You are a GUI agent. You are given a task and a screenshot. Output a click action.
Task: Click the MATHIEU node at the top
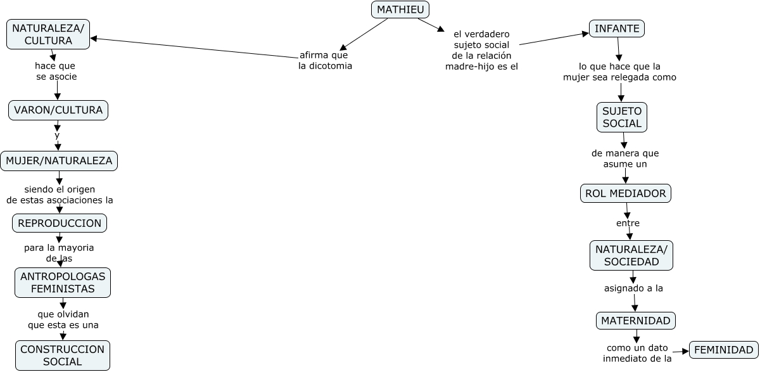(400, 10)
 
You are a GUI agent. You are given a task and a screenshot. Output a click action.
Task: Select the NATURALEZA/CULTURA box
(48, 34)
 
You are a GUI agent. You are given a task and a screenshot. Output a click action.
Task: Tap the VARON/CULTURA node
(58, 110)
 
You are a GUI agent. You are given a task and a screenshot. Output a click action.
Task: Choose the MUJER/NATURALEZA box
(59, 161)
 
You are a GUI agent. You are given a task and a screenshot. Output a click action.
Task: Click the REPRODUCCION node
(60, 223)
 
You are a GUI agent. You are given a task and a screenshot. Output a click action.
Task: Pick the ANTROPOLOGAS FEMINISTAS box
(63, 283)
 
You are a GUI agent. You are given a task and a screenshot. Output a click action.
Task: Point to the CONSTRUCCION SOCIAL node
(63, 356)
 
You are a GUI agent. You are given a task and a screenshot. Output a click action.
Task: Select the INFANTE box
(617, 29)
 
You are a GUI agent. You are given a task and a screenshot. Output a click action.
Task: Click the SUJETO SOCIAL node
(622, 117)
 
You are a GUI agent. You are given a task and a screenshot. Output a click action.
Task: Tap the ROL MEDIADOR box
(626, 193)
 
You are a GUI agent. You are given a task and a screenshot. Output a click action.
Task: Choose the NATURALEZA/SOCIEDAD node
(631, 255)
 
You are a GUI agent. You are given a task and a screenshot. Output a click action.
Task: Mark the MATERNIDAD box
(636, 321)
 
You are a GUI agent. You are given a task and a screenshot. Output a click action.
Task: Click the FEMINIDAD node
(723, 350)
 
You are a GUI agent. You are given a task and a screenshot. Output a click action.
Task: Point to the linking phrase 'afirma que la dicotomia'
(325, 60)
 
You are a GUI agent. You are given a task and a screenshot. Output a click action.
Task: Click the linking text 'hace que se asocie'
(56, 71)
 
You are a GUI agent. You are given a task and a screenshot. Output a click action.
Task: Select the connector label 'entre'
(628, 223)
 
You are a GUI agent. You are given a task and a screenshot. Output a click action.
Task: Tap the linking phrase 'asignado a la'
(633, 288)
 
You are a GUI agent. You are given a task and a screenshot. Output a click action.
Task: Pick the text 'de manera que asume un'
(625, 158)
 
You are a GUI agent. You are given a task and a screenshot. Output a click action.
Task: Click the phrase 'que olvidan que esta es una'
(63, 319)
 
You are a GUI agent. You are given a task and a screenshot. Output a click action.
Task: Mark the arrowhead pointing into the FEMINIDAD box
(685, 350)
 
